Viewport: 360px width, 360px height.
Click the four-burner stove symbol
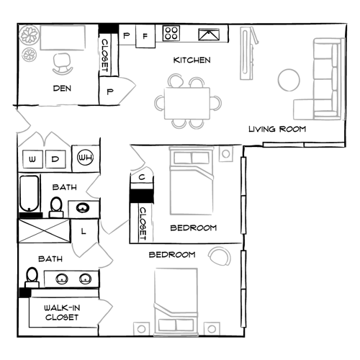click(x=171, y=33)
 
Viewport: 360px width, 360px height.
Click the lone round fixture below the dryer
click(x=83, y=208)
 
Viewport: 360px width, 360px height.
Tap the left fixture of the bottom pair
click(x=63, y=279)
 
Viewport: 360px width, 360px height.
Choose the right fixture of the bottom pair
click(x=85, y=279)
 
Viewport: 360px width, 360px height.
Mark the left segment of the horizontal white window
click(x=284, y=145)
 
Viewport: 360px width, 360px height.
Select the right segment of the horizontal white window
click(x=323, y=145)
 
